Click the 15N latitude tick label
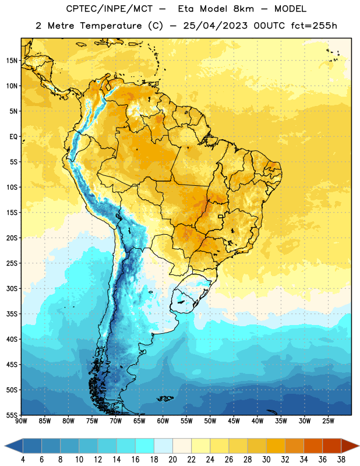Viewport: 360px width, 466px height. pos(12,61)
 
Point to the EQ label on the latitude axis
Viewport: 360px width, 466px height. pos(13,137)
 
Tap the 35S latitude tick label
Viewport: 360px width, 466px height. pos(12,314)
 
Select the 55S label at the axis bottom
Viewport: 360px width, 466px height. pos(12,415)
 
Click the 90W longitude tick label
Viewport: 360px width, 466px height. pos(21,421)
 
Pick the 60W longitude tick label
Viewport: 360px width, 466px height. pos(163,421)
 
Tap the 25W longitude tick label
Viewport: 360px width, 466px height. pos(328,421)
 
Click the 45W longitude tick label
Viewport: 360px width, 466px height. pos(234,421)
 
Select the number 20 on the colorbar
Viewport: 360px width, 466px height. pos(172,460)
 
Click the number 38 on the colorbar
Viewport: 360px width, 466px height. pos(341,460)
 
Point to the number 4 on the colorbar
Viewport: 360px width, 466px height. pos(23,460)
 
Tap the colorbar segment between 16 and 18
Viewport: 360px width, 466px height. pos(144,446)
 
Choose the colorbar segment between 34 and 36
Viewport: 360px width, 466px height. pos(313,446)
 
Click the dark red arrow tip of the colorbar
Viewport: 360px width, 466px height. pos(358,446)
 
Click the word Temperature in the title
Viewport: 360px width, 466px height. pos(111,26)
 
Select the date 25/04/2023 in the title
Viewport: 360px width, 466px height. pos(215,26)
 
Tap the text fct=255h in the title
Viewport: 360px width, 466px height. pos(314,26)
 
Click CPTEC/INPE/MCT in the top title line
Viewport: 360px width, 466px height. pos(110,9)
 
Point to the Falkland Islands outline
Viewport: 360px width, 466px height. pos(165,398)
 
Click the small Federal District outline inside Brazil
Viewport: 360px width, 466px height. pos(221,216)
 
